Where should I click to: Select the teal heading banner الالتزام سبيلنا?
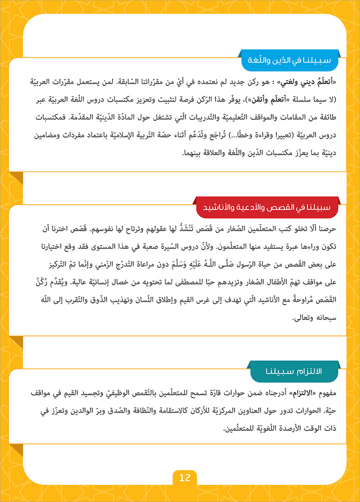(299, 371)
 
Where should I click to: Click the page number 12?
(185, 477)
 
